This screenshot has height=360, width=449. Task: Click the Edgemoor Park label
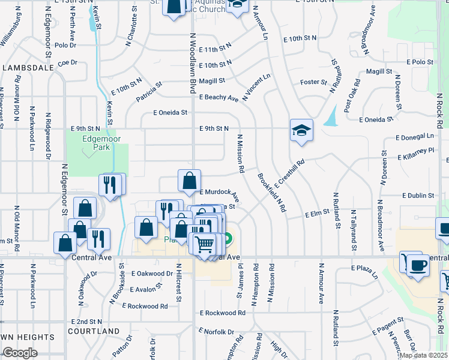97,142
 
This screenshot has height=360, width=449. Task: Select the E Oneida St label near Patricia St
170,112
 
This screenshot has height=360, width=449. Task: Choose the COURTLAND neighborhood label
93,331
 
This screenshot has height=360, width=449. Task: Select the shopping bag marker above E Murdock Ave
189,180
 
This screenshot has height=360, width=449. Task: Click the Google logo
20,353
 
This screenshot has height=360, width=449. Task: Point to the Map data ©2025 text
423,355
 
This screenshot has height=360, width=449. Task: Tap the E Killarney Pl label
415,154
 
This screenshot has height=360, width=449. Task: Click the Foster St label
313,82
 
